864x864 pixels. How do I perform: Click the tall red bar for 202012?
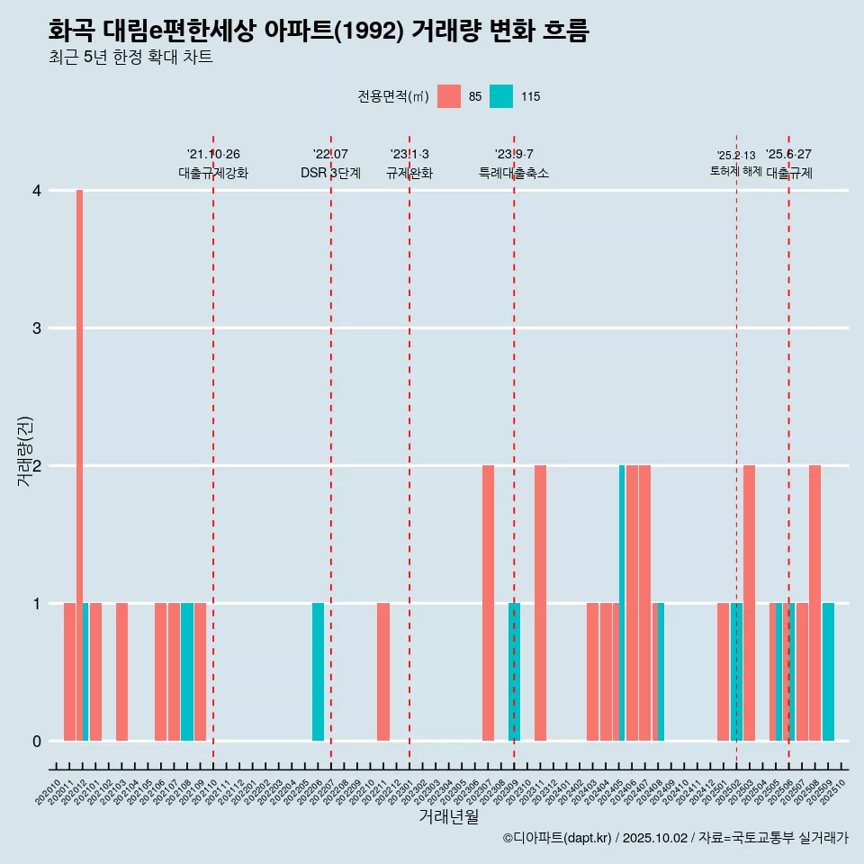(79, 464)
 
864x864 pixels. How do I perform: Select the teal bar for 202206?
(318, 671)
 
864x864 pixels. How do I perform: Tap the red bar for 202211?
(383, 671)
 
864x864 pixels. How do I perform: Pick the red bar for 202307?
(488, 603)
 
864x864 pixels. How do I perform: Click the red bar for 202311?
(540, 603)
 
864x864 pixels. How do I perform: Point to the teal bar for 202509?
(828, 671)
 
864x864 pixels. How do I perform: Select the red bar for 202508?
(814, 603)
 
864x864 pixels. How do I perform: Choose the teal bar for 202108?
(187, 671)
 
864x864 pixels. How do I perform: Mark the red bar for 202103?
(121, 671)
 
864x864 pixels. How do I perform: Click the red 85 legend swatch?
(448, 96)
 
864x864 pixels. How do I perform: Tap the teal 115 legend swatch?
(501, 96)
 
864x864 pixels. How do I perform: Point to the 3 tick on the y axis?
(37, 328)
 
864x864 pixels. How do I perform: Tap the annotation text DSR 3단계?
(330, 173)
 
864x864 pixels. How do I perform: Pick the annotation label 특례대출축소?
(513, 173)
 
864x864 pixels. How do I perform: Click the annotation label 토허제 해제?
(735, 171)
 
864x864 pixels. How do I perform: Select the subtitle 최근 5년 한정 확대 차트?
(130, 58)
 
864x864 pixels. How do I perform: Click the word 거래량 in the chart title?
(445, 31)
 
